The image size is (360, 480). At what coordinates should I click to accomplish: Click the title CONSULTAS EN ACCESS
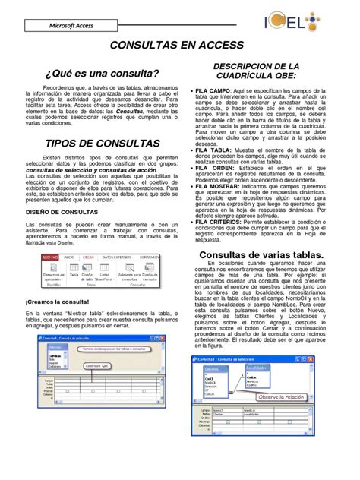click(178, 46)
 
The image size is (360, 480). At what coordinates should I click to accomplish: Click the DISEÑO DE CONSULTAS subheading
click(61, 212)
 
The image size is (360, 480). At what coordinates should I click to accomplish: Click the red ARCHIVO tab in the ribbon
click(50, 258)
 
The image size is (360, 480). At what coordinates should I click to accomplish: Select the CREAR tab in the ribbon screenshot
click(88, 258)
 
